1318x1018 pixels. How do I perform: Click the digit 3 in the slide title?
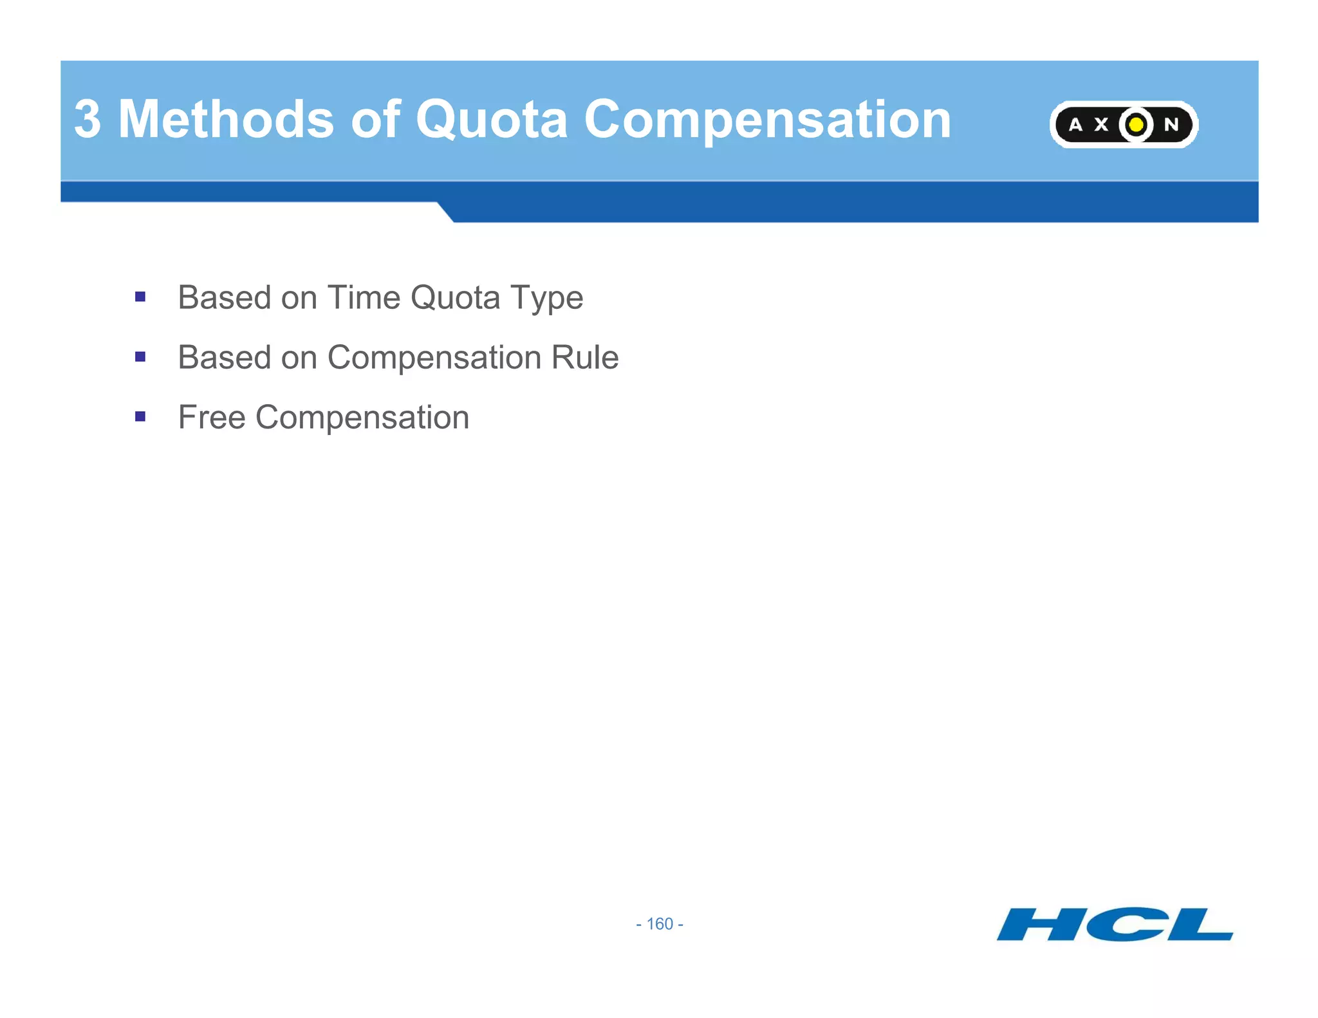88,120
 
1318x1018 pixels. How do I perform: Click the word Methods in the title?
226,120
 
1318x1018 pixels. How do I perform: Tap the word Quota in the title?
492,120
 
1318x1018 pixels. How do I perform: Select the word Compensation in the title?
767,120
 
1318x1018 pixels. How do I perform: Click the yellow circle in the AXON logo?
1136,124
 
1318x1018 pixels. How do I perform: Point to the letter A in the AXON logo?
1075,125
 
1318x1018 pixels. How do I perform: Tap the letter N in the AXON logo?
1171,125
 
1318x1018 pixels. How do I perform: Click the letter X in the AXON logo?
1102,125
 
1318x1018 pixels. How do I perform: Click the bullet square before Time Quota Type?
140,297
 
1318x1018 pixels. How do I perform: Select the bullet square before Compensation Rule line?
140,356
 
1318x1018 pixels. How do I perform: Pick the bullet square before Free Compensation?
140,416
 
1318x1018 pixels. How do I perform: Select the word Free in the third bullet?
212,418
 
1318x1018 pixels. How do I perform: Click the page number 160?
660,924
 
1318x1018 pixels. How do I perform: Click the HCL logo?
1114,925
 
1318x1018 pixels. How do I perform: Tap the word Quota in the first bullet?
455,298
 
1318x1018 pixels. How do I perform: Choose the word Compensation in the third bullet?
362,418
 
